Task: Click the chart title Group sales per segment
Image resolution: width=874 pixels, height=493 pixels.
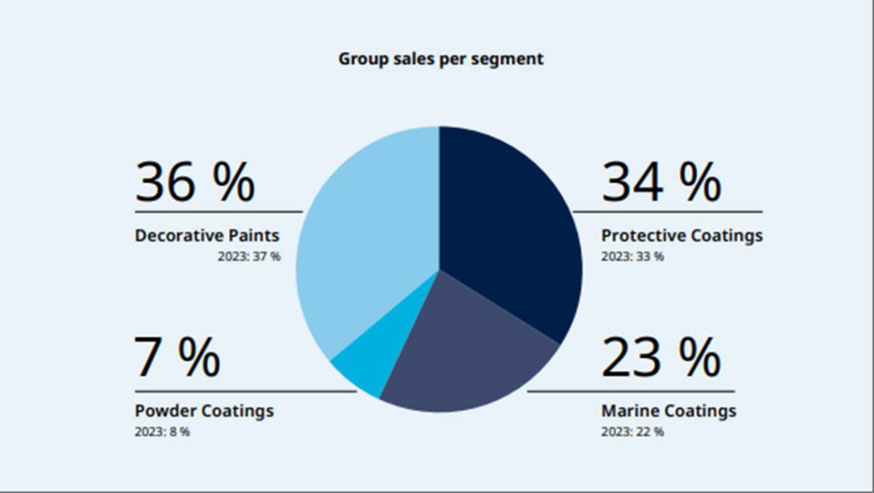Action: tap(440, 59)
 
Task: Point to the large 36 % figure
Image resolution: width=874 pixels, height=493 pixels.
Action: tap(194, 183)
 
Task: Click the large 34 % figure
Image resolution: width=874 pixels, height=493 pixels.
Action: tap(660, 183)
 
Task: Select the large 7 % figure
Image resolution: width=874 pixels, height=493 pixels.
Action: tap(176, 357)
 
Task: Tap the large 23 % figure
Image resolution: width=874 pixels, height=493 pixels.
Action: tap(660, 357)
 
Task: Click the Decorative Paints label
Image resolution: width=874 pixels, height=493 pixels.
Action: tap(206, 236)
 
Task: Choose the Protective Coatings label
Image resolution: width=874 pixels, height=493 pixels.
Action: tap(681, 236)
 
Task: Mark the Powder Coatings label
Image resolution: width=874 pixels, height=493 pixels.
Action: tap(204, 411)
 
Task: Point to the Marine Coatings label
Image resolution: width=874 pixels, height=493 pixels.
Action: tap(668, 411)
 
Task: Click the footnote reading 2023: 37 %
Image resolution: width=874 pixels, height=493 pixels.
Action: tap(248, 257)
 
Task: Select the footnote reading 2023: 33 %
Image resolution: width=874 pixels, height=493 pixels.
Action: tap(632, 257)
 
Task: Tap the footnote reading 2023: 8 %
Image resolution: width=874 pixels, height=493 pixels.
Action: tap(162, 432)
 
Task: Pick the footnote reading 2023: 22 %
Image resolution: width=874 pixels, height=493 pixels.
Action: tap(632, 432)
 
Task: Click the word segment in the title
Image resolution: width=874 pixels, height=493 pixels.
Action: tap(514, 59)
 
